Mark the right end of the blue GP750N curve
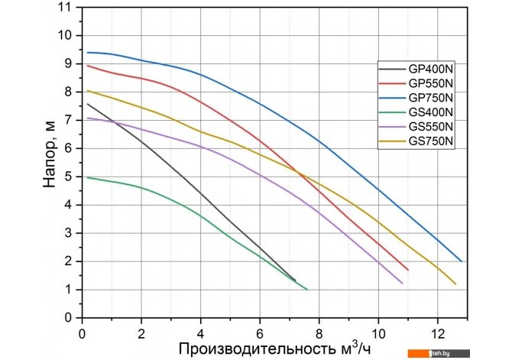click(x=462, y=261)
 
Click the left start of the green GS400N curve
click(x=88, y=177)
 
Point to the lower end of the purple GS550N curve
click(x=402, y=284)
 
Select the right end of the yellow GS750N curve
click(x=455, y=284)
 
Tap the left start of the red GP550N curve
click(x=88, y=66)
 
